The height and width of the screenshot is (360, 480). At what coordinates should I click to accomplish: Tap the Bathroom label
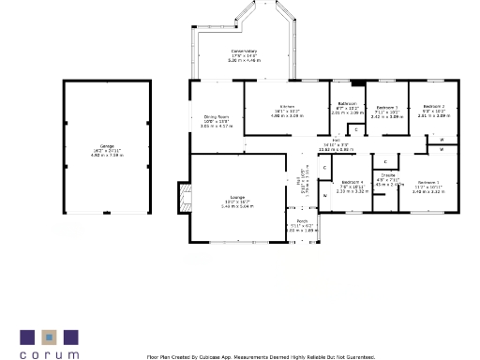347,103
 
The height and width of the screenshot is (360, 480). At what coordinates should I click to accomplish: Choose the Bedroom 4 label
351,182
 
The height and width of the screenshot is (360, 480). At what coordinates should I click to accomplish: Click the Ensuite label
387,175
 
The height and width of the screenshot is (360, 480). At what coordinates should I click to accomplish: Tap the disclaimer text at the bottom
261,356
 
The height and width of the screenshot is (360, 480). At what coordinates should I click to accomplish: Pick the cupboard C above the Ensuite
385,162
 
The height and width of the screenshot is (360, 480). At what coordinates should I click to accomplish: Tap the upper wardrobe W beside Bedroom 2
442,139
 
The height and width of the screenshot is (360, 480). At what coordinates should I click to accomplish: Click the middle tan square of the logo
44,336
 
